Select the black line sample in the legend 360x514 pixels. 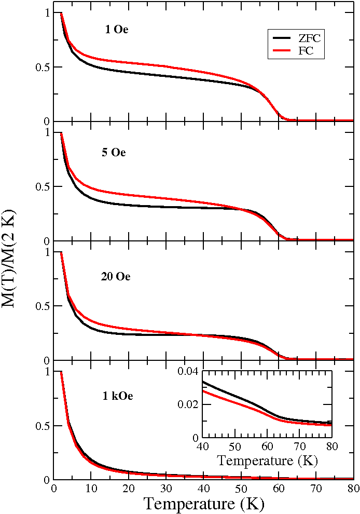280,38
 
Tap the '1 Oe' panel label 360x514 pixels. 116,30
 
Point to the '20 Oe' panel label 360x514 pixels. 115,276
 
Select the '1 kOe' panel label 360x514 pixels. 117,397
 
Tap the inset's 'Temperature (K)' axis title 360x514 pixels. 267,459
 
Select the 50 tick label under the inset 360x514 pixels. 235,448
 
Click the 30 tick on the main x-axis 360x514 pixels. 166,488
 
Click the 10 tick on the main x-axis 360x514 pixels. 91,488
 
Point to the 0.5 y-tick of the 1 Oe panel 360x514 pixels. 43,67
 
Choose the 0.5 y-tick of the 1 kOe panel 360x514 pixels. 43,426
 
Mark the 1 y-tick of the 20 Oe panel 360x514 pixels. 48,252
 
